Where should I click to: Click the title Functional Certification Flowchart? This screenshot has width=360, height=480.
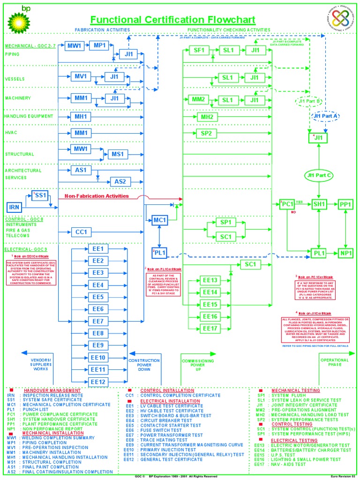click(172, 20)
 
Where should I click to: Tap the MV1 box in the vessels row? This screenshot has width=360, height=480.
click(81, 76)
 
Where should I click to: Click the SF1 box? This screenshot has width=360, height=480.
click(199, 51)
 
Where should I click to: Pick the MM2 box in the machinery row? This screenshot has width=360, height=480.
click(199, 99)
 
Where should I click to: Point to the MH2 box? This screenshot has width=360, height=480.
click(207, 117)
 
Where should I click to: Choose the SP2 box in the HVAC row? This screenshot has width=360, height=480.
click(207, 134)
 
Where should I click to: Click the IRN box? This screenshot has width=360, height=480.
click(14, 207)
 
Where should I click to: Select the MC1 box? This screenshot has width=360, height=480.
click(160, 220)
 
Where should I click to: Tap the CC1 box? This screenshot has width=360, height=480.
click(81, 232)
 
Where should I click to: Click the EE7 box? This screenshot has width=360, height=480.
click(97, 321)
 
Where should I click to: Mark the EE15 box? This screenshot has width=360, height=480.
click(211, 305)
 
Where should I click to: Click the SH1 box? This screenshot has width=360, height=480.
click(319, 204)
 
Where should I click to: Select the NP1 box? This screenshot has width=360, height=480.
click(346, 253)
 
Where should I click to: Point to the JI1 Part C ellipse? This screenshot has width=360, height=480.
click(319, 176)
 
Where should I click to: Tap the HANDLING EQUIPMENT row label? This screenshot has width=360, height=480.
click(29, 116)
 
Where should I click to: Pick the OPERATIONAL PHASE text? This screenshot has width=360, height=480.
click(335, 363)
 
